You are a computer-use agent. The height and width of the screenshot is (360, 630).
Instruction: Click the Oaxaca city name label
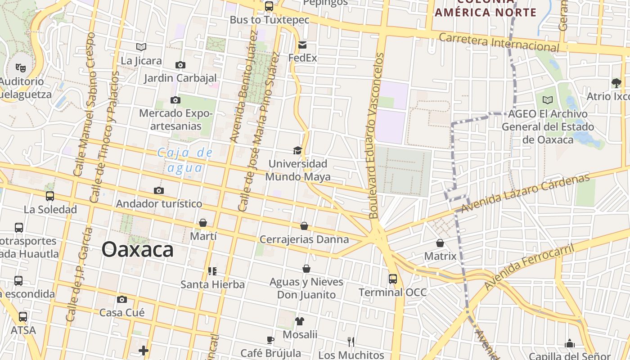(137, 249)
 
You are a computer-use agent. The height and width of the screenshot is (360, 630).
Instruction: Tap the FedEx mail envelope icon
(302, 45)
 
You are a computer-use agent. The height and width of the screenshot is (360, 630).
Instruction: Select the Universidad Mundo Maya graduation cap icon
(297, 150)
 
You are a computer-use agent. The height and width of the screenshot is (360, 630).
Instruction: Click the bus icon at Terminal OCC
(393, 279)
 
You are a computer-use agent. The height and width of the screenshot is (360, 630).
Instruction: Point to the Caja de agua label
(184, 160)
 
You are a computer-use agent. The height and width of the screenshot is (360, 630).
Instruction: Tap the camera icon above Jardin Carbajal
(180, 65)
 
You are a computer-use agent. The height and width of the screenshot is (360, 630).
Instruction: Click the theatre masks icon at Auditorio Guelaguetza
(20, 68)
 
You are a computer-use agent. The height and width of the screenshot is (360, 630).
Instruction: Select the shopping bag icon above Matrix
(440, 243)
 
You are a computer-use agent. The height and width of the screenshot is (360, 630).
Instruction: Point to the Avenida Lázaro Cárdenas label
(525, 193)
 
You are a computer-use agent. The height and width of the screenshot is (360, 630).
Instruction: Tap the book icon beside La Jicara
(141, 47)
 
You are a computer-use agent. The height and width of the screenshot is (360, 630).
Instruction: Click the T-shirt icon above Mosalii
(300, 321)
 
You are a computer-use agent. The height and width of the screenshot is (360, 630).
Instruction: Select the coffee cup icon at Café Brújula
(270, 340)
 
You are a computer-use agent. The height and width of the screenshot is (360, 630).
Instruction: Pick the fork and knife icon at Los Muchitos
(351, 342)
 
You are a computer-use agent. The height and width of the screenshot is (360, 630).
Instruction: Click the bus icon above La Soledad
(50, 196)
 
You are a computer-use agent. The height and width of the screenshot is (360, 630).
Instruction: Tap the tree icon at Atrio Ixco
(616, 83)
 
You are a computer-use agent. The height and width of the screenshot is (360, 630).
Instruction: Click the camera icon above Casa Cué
(122, 299)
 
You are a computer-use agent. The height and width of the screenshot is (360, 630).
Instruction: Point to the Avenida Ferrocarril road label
(530, 267)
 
